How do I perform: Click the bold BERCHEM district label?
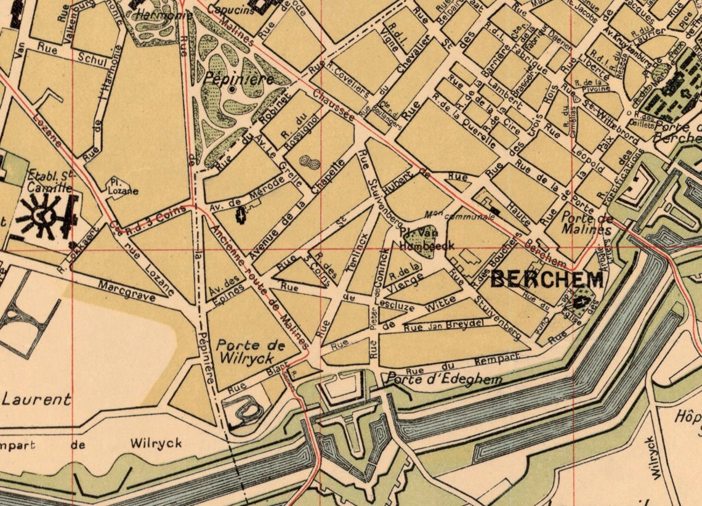point(546,280)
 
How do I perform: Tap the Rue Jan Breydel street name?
point(443,325)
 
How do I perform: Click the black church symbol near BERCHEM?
point(579,302)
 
